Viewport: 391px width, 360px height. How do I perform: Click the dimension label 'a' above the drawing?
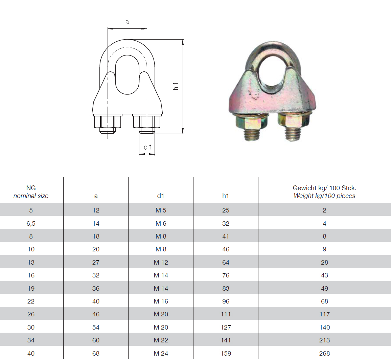(x=127, y=22)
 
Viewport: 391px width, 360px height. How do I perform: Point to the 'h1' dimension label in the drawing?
(x=176, y=86)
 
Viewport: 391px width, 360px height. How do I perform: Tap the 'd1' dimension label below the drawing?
(x=147, y=147)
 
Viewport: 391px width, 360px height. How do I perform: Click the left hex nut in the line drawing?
(x=108, y=121)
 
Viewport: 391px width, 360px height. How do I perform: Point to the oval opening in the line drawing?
(x=127, y=74)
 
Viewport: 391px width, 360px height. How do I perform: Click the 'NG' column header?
(x=31, y=188)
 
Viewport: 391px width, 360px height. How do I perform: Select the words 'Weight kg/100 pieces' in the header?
(x=324, y=196)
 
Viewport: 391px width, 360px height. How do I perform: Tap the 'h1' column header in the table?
(x=226, y=196)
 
